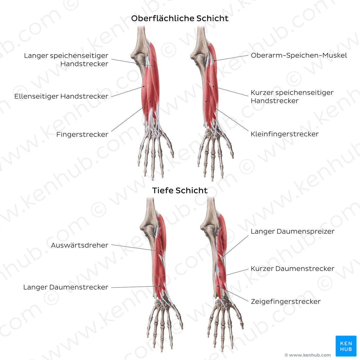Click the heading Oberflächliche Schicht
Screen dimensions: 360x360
180,18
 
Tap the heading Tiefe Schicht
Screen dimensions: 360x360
180,191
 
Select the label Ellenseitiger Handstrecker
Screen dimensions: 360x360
61,96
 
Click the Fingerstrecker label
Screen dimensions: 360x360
82,134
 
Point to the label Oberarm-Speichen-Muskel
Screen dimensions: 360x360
299,55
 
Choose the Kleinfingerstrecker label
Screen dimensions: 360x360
284,134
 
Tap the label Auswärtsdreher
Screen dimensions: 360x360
79,245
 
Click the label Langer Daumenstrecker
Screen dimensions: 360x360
66,287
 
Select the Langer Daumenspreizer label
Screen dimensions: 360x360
292,231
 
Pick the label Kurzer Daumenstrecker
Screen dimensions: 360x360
292,269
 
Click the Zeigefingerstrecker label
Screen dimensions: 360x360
286,302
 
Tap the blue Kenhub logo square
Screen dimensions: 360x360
346,346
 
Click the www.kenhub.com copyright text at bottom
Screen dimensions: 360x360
308,355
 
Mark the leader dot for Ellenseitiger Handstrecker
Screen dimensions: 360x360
144,86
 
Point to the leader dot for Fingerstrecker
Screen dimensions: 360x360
151,102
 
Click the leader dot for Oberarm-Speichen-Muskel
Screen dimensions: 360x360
215,61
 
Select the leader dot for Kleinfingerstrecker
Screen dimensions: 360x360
206,102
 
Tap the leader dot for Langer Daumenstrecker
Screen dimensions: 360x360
160,286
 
